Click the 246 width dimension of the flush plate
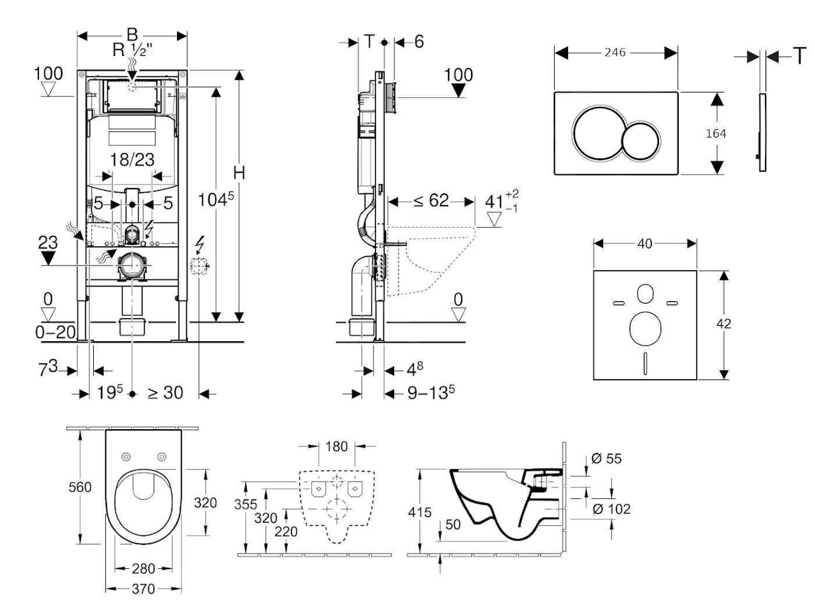point(615,52)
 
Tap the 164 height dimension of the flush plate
point(715,133)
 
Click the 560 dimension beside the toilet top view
point(80,487)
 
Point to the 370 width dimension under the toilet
point(143,589)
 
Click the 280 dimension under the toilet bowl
point(143,568)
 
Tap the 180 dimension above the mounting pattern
point(336,447)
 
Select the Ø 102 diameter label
point(611,509)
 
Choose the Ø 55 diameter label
point(606,459)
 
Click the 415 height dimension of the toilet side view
point(420,512)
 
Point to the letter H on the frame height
point(239,173)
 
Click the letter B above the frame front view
point(132,34)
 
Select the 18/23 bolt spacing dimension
point(132,160)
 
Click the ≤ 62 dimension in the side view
point(431,201)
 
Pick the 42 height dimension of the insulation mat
point(724,324)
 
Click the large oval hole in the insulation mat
point(645,328)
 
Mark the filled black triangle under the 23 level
point(48,258)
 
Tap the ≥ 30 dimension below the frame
point(165,393)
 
